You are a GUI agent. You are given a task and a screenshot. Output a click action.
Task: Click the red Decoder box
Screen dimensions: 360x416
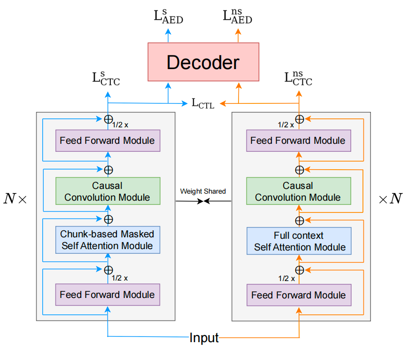click(x=203, y=62)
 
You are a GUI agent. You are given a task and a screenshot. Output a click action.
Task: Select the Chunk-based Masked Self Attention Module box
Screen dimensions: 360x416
click(x=107, y=240)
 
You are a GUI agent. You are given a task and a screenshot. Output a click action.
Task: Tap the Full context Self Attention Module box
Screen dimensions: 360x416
click(x=299, y=241)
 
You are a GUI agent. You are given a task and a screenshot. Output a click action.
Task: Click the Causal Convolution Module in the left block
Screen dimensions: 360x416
click(x=108, y=191)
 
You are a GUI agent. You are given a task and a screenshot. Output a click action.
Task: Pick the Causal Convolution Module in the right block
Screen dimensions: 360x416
click(x=298, y=191)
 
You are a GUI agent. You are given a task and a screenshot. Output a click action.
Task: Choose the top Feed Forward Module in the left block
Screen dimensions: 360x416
click(x=108, y=140)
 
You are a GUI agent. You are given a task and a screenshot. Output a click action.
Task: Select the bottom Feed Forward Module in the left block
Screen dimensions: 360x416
click(x=108, y=295)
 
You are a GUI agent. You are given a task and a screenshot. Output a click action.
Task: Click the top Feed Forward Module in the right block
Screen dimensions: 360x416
click(x=298, y=140)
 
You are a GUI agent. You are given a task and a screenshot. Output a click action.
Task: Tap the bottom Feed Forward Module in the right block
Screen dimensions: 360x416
click(x=299, y=295)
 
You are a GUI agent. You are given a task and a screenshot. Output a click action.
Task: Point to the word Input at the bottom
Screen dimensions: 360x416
click(x=204, y=337)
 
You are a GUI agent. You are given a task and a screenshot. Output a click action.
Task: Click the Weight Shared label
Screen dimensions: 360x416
click(x=203, y=191)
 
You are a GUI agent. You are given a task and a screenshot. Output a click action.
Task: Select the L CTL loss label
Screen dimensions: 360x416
click(x=203, y=103)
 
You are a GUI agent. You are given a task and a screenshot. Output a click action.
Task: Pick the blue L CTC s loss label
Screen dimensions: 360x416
click(x=106, y=79)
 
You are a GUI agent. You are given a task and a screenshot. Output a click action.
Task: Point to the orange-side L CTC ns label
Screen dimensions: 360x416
click(x=299, y=78)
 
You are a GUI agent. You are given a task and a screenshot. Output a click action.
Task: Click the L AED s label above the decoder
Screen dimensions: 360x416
click(x=169, y=16)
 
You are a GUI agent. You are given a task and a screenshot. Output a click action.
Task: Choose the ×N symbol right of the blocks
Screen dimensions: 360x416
click(x=391, y=199)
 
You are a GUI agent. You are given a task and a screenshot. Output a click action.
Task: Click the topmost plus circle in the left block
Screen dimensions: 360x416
click(x=108, y=118)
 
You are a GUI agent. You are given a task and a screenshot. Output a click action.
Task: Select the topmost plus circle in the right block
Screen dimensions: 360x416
click(x=299, y=118)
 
